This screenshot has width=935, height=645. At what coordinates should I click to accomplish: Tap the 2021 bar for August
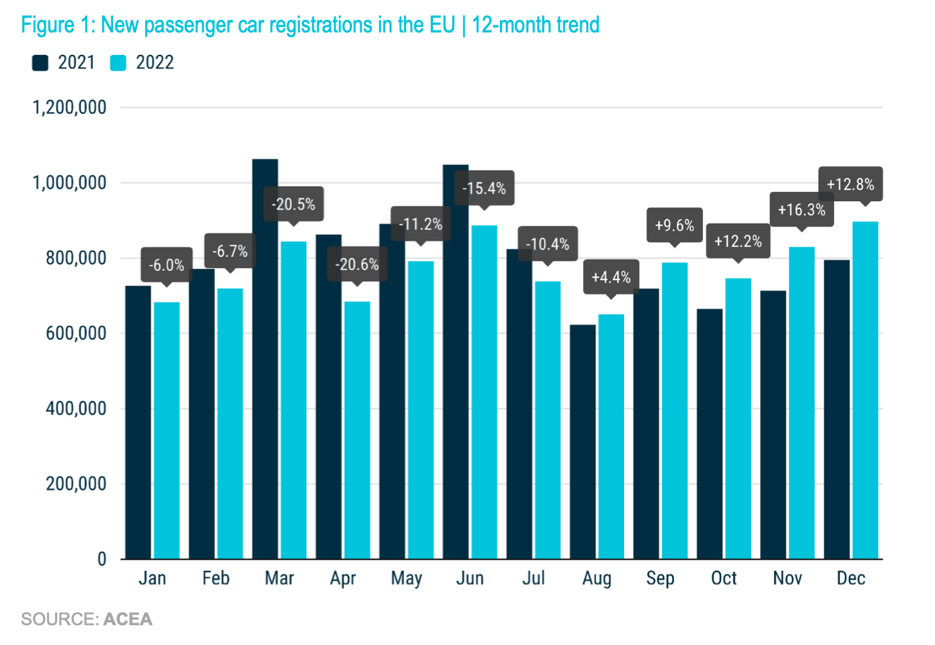[x=582, y=442]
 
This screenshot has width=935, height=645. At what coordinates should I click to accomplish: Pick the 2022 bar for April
[x=357, y=430]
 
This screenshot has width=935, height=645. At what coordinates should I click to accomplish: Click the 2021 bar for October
[x=709, y=434]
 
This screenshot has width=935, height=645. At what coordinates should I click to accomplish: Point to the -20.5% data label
[x=293, y=205]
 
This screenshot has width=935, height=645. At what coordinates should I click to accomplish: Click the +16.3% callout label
[x=801, y=210]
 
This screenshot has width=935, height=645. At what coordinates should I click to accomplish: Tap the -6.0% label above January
[x=166, y=265]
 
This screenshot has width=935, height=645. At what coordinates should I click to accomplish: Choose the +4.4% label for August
[x=611, y=277]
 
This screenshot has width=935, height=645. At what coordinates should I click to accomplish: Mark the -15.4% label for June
[x=484, y=188]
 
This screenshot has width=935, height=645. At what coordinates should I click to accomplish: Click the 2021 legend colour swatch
[x=40, y=63]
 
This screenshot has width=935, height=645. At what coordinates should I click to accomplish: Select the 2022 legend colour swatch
[x=118, y=63]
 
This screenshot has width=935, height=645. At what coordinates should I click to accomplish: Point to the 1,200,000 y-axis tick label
[x=70, y=107]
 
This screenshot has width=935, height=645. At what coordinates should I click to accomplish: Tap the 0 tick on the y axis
[x=102, y=559]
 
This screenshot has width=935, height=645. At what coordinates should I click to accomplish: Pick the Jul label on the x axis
[x=533, y=578]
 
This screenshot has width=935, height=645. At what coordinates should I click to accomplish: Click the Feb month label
[x=216, y=578]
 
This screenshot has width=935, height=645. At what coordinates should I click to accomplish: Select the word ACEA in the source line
[x=128, y=620]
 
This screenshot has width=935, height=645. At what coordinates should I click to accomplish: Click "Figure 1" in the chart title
[x=58, y=25]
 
